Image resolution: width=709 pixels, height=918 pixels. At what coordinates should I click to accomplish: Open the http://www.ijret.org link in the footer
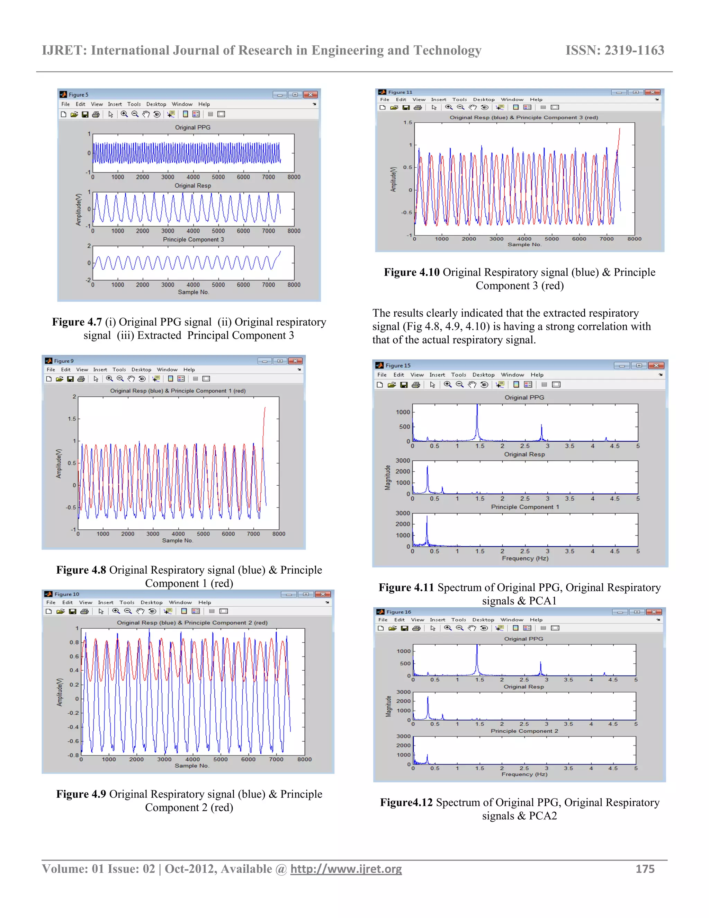tap(346, 869)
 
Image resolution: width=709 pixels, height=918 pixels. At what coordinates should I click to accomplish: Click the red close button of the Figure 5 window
tap(311, 95)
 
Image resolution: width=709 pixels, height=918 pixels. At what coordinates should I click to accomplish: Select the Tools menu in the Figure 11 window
tap(459, 100)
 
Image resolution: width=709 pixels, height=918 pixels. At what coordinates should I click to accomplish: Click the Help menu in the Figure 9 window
tap(189, 370)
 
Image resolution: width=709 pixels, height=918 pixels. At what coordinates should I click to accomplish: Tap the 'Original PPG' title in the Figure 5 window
tap(193, 127)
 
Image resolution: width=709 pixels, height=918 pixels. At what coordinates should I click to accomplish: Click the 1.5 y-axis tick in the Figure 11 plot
tap(407, 123)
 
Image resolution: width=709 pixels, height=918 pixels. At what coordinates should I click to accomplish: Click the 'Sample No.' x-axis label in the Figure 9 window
tap(177, 540)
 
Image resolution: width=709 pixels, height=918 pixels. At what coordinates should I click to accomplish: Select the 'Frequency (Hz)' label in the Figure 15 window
tap(525, 558)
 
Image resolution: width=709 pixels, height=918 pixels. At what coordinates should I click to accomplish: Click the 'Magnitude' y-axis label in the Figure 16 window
tap(388, 706)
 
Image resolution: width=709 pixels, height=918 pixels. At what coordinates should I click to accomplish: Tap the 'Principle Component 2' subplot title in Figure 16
tap(524, 731)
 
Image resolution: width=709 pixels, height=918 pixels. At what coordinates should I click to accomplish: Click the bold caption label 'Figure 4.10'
tap(412, 272)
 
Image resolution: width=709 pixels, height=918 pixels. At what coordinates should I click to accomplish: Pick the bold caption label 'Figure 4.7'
tap(77, 322)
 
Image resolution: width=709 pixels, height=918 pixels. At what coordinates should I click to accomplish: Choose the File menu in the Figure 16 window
tap(383, 620)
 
